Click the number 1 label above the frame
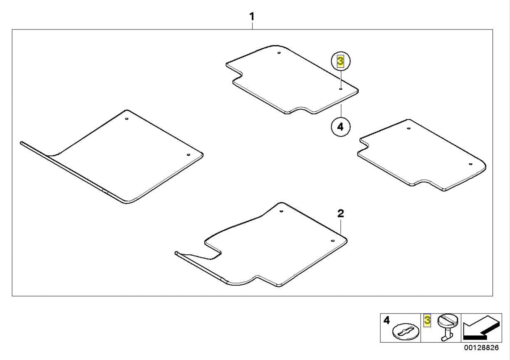click(252, 17)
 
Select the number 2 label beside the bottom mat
click(340, 213)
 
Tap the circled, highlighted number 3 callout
click(341, 62)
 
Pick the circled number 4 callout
click(341, 127)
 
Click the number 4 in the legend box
click(386, 321)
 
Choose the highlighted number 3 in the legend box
click(427, 321)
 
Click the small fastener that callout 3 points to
click(341, 89)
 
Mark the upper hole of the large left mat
click(127, 119)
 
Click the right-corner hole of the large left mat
click(188, 155)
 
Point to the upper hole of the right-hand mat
click(408, 128)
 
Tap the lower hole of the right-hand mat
click(470, 164)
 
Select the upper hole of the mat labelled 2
click(281, 212)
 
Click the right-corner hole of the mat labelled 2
click(332, 241)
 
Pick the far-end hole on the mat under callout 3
click(279, 53)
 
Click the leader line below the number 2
click(341, 226)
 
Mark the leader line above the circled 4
click(341, 111)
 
